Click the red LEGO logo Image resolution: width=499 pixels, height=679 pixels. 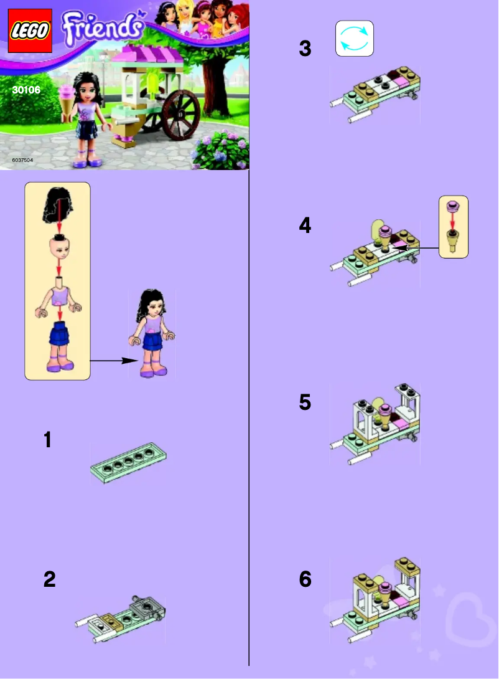[x=29, y=31]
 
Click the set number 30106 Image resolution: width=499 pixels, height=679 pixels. [x=26, y=90]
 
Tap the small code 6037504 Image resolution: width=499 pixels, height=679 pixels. [x=22, y=160]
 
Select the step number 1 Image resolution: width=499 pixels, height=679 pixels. [x=47, y=440]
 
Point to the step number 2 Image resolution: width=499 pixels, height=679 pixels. [x=49, y=579]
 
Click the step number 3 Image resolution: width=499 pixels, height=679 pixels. [x=305, y=49]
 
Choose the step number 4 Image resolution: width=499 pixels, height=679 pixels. [x=305, y=226]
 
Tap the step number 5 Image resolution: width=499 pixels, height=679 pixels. [x=305, y=402]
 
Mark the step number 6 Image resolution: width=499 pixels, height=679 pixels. [x=305, y=579]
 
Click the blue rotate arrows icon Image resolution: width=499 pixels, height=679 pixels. [x=355, y=39]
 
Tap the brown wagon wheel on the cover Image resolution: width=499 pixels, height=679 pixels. [x=180, y=115]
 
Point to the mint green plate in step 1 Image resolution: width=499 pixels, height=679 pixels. [x=128, y=462]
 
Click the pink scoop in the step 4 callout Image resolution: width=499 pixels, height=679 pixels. [x=453, y=206]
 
